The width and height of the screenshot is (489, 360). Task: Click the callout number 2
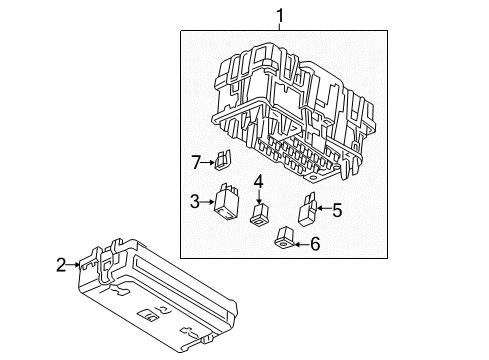62,265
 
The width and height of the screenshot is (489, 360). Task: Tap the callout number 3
194,202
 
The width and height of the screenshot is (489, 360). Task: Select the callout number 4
257,181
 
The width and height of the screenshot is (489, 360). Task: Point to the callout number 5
337,210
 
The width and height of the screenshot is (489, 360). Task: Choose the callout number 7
196,160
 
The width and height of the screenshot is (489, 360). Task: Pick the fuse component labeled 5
307,212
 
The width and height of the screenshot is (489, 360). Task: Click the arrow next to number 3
209,202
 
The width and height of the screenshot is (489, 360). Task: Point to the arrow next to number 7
210,160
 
